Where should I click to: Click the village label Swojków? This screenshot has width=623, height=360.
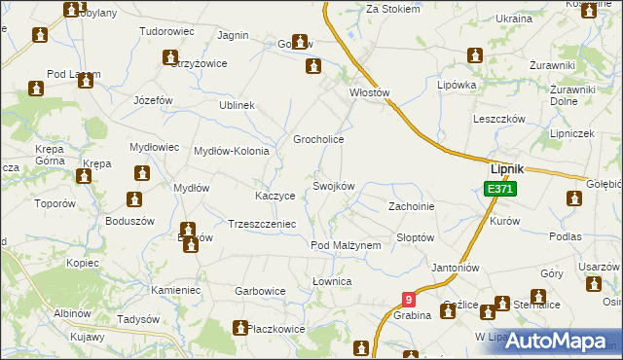[333, 186]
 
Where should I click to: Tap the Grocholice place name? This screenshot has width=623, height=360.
[319, 139]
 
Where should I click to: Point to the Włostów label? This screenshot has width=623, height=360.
[369, 93]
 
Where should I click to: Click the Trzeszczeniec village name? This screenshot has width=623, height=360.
[261, 223]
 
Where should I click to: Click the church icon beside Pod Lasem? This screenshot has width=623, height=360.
[37, 90]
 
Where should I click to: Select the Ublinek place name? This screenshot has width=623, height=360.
[237, 105]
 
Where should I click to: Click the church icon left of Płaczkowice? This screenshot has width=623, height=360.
[238, 329]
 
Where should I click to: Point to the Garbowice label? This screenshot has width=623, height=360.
[260, 290]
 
